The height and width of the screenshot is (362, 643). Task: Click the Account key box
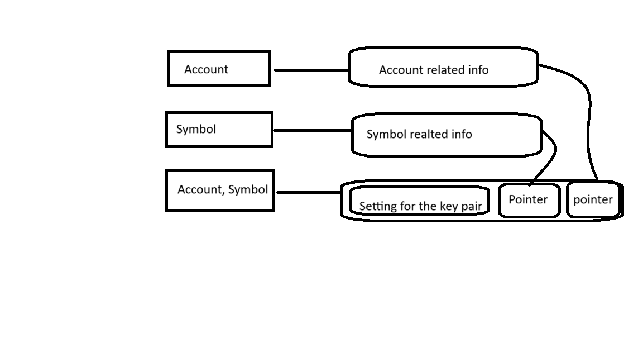tap(219, 69)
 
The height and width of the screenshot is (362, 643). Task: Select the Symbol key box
tap(219, 129)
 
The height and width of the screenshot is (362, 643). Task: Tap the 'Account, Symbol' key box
tap(220, 190)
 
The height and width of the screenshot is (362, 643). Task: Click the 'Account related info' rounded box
tap(443, 66)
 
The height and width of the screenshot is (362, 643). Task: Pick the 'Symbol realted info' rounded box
tap(447, 135)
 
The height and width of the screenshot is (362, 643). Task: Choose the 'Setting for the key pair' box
tap(420, 201)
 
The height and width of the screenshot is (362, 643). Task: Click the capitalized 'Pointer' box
tap(529, 200)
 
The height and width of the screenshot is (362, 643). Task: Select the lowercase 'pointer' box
tap(593, 199)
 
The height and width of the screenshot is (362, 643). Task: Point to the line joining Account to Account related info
tap(311, 70)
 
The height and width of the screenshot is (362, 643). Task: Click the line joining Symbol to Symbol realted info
tap(312, 131)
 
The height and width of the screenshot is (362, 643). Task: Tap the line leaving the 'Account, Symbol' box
tap(309, 192)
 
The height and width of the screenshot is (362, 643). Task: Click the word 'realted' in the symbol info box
tap(429, 134)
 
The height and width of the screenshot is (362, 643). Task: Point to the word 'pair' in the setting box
tap(471, 207)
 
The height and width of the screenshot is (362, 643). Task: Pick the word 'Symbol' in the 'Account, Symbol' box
tap(248, 189)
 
